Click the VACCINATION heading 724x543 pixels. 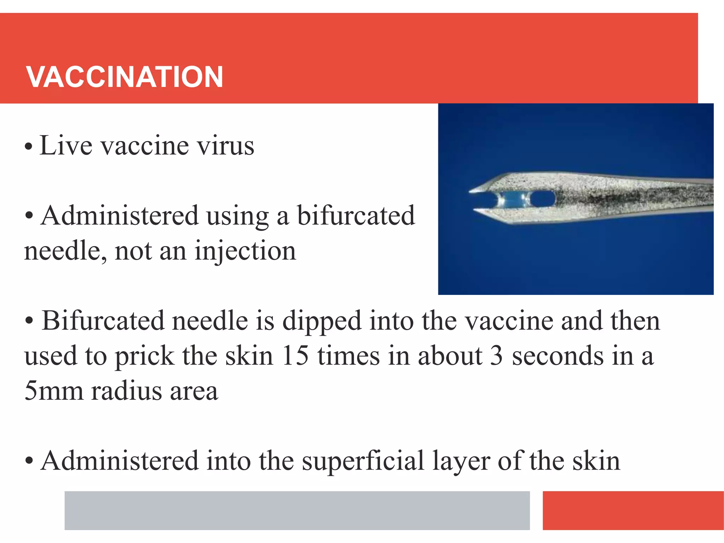click(124, 77)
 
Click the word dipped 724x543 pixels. click(322, 321)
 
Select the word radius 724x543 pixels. click(126, 391)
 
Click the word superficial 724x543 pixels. click(363, 461)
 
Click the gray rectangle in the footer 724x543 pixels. click(297, 510)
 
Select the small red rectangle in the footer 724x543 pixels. click(633, 510)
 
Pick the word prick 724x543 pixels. click(145, 356)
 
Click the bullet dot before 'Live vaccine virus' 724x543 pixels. click(29, 146)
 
